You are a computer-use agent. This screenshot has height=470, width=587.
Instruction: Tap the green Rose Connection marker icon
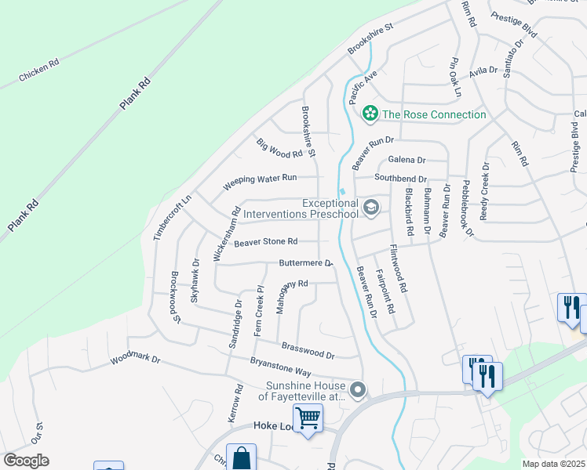(370, 114)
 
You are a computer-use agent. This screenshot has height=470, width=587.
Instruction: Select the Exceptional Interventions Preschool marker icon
(371, 208)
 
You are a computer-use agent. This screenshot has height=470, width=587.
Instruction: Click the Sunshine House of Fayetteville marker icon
(358, 389)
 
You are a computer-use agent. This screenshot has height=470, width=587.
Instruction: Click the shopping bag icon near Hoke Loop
(241, 457)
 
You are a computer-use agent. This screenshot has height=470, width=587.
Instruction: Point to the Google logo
(26, 461)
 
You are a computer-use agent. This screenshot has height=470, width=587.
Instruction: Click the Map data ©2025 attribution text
(553, 464)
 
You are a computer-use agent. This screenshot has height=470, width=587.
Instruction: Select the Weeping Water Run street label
(260, 183)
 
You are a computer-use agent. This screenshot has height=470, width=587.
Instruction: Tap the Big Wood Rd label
(279, 147)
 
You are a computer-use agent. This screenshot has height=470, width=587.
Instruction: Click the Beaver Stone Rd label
(265, 242)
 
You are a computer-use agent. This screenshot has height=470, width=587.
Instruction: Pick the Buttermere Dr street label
(306, 264)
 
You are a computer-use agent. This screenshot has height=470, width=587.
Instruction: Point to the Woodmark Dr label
(135, 360)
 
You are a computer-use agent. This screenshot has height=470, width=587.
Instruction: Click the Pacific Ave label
(363, 86)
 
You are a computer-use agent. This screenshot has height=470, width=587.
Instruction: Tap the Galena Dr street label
(407, 160)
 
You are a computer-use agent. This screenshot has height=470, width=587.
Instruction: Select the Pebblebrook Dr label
(468, 208)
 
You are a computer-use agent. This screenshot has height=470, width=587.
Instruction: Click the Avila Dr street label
(483, 70)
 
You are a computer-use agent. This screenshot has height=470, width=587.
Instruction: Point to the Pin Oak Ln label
(454, 77)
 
